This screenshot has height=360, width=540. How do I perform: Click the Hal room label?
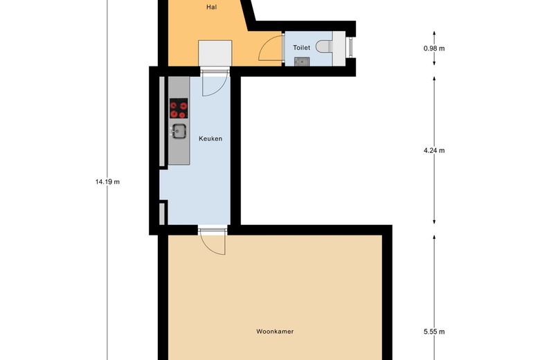click(x=211, y=7)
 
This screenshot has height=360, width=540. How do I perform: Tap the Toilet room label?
click(x=301, y=48)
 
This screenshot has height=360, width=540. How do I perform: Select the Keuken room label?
click(x=210, y=138)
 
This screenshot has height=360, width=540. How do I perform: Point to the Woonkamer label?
click(x=275, y=332)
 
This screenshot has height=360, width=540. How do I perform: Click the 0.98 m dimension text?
click(x=434, y=48)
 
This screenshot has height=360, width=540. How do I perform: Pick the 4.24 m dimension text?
click(x=434, y=150)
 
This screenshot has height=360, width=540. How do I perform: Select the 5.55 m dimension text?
click(x=434, y=332)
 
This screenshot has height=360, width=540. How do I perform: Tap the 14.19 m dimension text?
click(x=107, y=182)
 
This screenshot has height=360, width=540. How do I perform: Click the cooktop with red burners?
click(x=179, y=108)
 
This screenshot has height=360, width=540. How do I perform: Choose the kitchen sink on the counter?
click(x=179, y=132)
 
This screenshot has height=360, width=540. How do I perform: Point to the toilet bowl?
click(x=324, y=46)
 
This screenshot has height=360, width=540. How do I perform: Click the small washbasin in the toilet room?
click(x=302, y=62)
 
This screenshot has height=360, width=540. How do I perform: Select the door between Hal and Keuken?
click(x=215, y=82)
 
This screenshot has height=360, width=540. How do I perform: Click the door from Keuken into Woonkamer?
click(x=213, y=241)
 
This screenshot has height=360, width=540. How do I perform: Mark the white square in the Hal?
click(x=215, y=53)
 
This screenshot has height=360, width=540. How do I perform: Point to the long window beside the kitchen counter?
click(x=162, y=121)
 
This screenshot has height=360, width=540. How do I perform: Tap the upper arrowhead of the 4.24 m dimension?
click(x=434, y=79)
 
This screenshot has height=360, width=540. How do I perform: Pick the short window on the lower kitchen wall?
click(x=162, y=214)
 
